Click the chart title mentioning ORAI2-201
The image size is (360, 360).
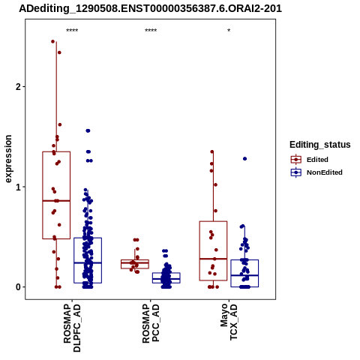pyautogui.click(x=151, y=9)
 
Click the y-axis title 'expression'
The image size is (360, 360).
pyautogui.click(x=8, y=159)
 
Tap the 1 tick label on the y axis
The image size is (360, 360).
pyautogui.click(x=18, y=187)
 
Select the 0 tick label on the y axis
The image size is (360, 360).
pyautogui.click(x=18, y=287)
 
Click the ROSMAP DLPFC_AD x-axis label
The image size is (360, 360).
pyautogui.click(x=72, y=328)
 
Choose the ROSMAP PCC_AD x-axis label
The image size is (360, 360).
pyautogui.click(x=151, y=323)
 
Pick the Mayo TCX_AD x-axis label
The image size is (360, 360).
pyautogui.click(x=229, y=322)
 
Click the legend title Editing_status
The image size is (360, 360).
pyautogui.click(x=320, y=145)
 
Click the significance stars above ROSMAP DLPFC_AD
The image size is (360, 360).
pyautogui.click(x=72, y=31)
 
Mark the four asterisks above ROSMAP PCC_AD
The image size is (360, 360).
pyautogui.click(x=151, y=31)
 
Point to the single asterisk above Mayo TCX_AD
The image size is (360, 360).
pyautogui.click(x=229, y=31)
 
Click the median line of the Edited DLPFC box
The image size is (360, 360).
pyautogui.click(x=56, y=201)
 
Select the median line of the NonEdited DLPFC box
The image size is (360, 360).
pyautogui.click(x=88, y=262)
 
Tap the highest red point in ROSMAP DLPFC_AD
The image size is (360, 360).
pyautogui.click(x=52, y=41)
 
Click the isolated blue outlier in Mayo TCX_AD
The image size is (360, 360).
pyautogui.click(x=244, y=159)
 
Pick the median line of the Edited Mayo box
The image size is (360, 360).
pyautogui.click(x=213, y=259)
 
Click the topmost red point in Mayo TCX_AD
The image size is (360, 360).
pyautogui.click(x=212, y=151)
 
